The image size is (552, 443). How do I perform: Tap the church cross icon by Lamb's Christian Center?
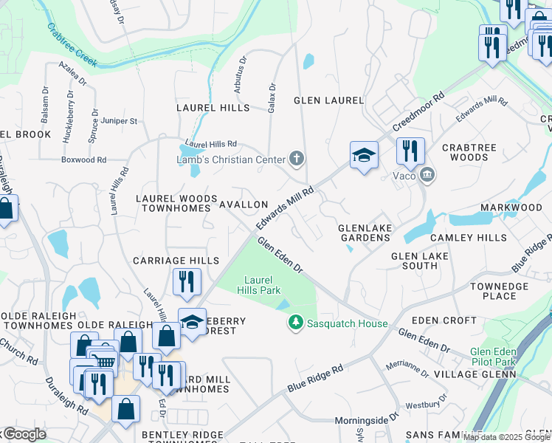[x=297, y=158]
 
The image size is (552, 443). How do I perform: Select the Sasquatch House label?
[x=347, y=323]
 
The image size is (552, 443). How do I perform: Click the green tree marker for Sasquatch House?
[x=295, y=323]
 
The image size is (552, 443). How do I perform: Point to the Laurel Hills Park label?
[x=263, y=285]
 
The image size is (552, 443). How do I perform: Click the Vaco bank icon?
[x=427, y=175]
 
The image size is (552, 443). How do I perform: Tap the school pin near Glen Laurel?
[x=364, y=155]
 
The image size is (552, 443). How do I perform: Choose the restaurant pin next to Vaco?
[x=410, y=151]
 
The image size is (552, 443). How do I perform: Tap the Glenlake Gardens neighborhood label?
[x=365, y=233]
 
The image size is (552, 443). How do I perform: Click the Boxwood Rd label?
[x=84, y=159]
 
